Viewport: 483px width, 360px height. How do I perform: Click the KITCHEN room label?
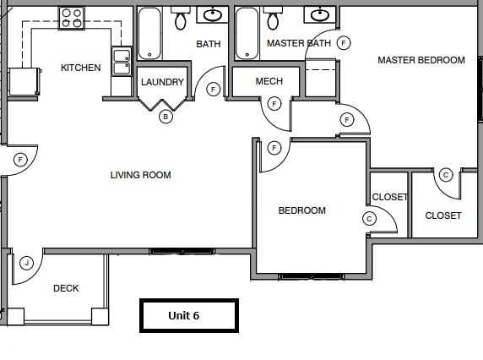(x=80, y=68)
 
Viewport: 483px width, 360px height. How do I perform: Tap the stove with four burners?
(x=72, y=17)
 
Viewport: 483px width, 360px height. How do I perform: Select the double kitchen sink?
(x=122, y=63)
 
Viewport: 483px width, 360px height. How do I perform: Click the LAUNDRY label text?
(x=162, y=82)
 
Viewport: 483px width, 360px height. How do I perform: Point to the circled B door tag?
(x=166, y=117)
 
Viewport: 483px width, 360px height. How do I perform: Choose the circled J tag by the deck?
(x=27, y=263)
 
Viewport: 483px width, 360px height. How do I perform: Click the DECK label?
(x=66, y=288)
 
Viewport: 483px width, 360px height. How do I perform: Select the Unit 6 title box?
(x=188, y=315)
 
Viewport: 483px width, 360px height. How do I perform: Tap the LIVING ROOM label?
(x=140, y=175)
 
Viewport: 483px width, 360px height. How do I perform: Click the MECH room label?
(x=269, y=82)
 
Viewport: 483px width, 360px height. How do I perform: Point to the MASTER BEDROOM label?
(x=421, y=60)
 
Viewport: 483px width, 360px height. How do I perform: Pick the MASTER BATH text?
(x=298, y=43)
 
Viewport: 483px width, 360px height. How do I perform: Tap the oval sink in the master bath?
(x=319, y=14)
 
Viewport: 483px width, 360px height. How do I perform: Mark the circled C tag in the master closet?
(x=446, y=175)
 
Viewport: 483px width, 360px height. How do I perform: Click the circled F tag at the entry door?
(x=21, y=159)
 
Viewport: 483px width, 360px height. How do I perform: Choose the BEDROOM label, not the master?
(x=301, y=210)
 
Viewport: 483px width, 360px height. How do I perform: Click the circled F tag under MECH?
(x=274, y=104)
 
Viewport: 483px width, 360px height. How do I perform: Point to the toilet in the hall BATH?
(x=181, y=19)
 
